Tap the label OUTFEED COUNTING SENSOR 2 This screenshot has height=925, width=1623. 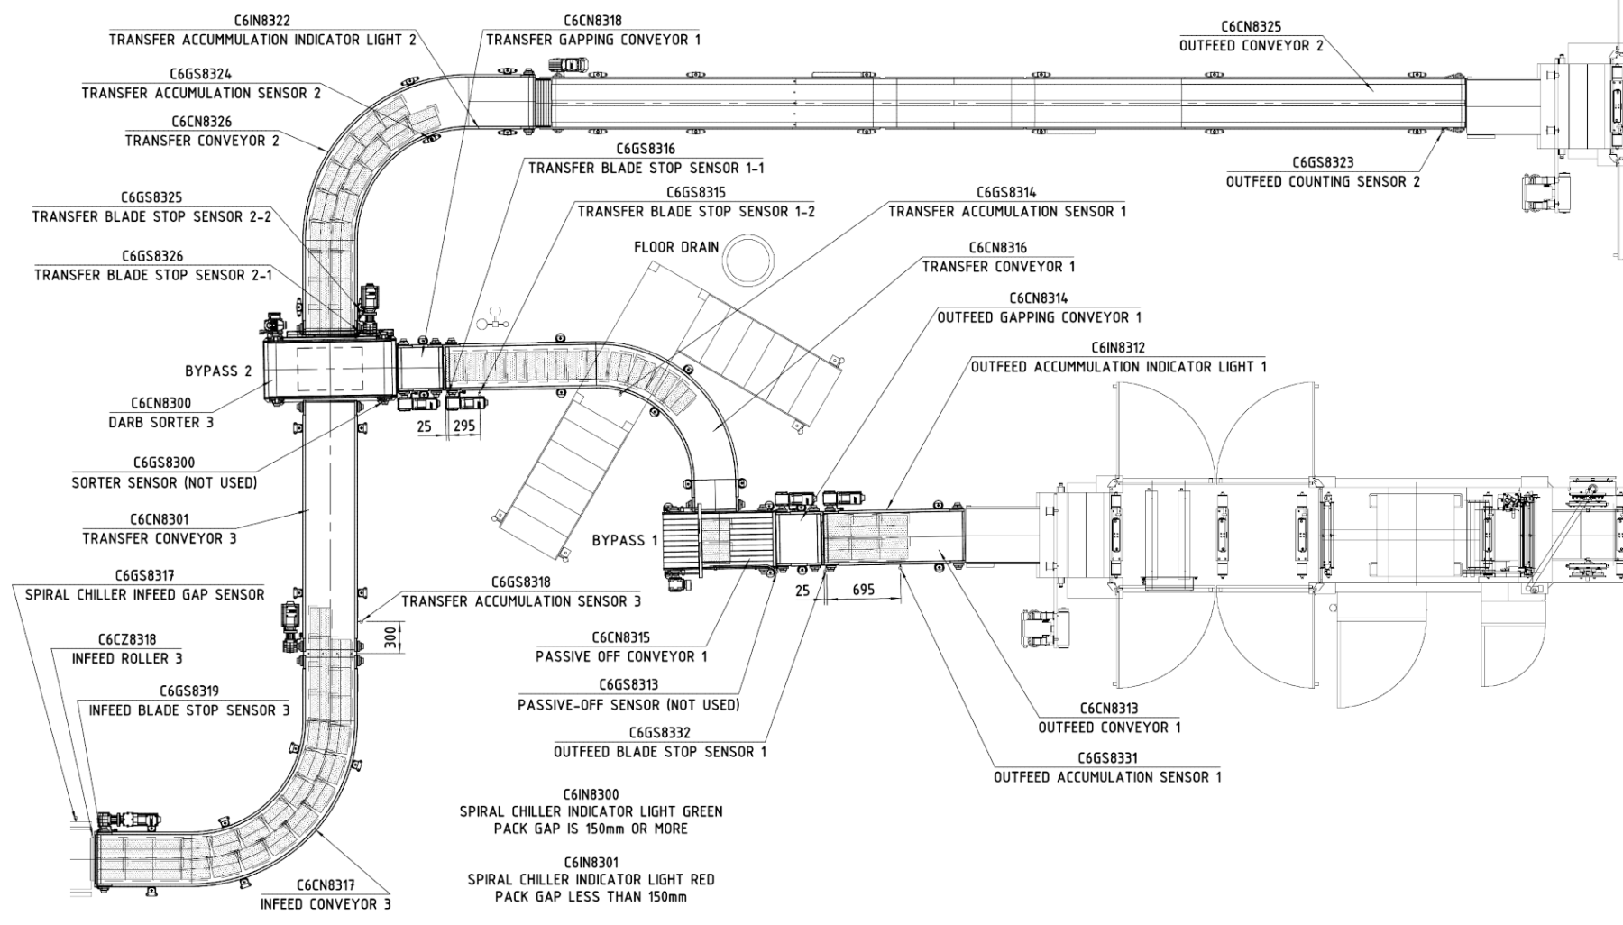coord(1323,182)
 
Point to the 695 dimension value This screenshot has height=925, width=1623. coord(863,590)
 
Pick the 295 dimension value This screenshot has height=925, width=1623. coord(464,426)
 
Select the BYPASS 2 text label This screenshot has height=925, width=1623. coord(218,371)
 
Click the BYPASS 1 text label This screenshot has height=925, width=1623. coord(625,541)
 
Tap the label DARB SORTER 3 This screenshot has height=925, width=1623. coord(161,423)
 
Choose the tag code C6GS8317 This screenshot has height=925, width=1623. coord(144,576)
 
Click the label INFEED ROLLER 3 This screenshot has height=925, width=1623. coord(127,659)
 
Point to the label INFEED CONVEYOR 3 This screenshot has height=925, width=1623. coord(326,904)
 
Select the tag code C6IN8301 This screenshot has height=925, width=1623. coord(591,863)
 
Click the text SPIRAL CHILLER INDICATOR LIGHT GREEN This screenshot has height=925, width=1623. coord(591,811)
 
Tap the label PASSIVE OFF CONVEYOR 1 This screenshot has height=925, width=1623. coord(621,657)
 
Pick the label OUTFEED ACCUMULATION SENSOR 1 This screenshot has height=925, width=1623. coord(1107,777)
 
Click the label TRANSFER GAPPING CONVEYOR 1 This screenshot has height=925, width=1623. coord(592,40)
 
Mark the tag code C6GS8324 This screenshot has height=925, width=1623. coord(200,75)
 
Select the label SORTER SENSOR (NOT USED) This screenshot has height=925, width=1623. coord(164,483)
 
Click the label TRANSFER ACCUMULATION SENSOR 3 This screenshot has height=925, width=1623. coord(521,601)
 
